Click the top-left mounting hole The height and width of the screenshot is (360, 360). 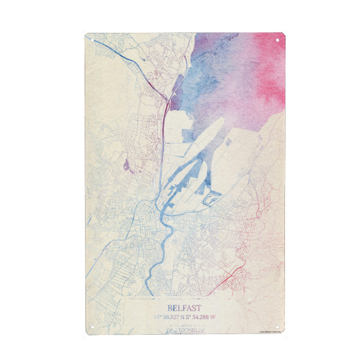point(93,40)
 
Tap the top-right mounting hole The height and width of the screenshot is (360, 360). point(278,40)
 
